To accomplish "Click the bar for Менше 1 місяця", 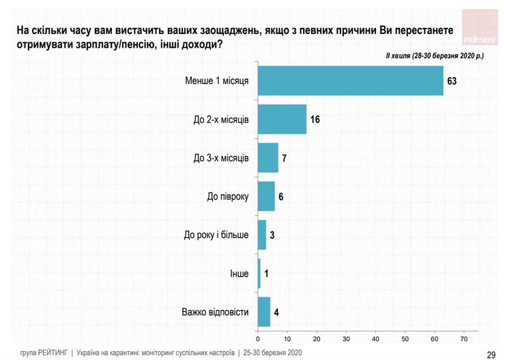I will [x=350, y=81].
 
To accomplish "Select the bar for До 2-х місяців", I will [x=282, y=119].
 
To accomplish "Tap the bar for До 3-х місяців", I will [x=268, y=158].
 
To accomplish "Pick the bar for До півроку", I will [x=266, y=196].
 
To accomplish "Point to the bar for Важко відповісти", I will [x=263, y=312].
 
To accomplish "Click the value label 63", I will [x=451, y=81].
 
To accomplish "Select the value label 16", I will [x=315, y=119].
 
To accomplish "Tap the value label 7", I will [x=285, y=158].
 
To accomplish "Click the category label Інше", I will [x=239, y=273].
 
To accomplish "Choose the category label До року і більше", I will [x=216, y=235].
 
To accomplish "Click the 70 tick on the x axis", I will [x=465, y=338].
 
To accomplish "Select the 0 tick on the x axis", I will [x=257, y=338].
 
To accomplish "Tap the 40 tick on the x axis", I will [x=376, y=338].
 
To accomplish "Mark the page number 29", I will [x=491, y=353].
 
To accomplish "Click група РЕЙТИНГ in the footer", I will [x=44, y=352].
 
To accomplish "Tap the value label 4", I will [x=276, y=312].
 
